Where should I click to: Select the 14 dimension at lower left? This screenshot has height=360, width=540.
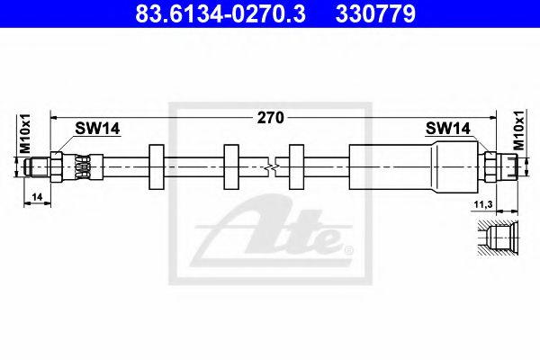[36, 194]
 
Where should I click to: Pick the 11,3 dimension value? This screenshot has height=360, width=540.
[483, 205]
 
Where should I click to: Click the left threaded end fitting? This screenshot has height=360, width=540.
[41, 166]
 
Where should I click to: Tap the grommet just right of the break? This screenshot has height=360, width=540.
[298, 166]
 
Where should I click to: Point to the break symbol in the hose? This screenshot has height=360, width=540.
[273, 166]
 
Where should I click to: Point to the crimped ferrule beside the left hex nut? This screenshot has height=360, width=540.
[82, 166]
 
